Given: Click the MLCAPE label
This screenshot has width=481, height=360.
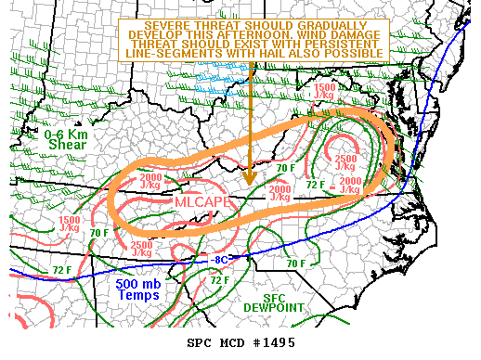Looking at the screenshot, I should point(199,201).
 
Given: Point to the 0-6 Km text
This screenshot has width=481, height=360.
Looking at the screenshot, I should point(64,135).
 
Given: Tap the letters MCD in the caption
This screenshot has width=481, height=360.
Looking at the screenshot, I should point(231,343).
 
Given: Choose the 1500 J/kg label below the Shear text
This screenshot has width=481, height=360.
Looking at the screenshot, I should point(71,224).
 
